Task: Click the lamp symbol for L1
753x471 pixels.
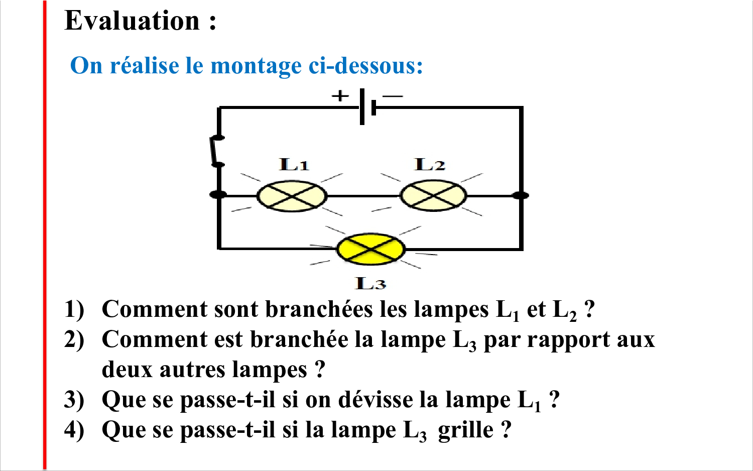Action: (292, 196)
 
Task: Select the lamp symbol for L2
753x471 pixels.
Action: (433, 196)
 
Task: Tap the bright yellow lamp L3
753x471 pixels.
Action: (371, 249)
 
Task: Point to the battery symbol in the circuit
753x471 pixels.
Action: (367, 107)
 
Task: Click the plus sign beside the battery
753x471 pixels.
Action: (340, 96)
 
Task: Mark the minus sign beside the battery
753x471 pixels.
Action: (393, 96)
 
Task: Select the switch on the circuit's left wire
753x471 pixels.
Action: (217, 151)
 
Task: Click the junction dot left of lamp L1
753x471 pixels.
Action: (218, 194)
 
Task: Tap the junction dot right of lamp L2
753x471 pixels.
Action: (521, 195)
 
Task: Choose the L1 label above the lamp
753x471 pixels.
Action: (294, 164)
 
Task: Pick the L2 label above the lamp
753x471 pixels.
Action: (430, 164)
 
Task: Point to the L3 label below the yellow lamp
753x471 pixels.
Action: (370, 283)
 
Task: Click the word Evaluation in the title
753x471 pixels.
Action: (132, 21)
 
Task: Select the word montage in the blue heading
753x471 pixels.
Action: (256, 66)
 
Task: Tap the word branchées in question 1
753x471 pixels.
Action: (319, 309)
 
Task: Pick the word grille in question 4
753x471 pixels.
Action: (465, 430)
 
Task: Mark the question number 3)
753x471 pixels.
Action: (74, 400)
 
